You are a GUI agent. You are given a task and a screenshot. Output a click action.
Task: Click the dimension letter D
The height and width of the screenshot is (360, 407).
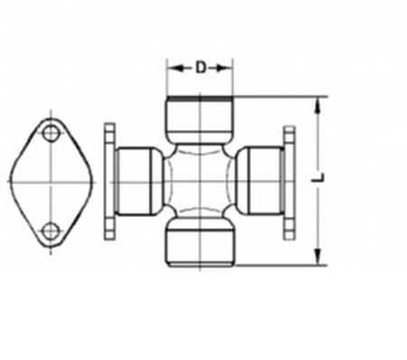coord(201,68)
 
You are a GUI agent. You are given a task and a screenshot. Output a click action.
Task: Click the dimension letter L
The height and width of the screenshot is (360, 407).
coord(317,177)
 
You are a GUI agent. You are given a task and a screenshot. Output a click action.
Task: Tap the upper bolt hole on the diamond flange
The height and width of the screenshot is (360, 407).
coord(51,133)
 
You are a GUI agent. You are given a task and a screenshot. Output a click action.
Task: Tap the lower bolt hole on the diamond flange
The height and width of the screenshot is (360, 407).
coord(51,232)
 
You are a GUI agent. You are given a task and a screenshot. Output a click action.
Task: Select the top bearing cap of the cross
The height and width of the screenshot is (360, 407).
coord(200,119)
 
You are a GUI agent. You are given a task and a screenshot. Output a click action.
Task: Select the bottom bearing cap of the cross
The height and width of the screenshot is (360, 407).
coord(200,242)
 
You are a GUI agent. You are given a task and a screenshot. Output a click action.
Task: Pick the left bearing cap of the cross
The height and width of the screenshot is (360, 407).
coord(139,182)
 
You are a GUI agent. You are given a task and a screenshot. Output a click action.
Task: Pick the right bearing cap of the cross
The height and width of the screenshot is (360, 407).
coord(260,181)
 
